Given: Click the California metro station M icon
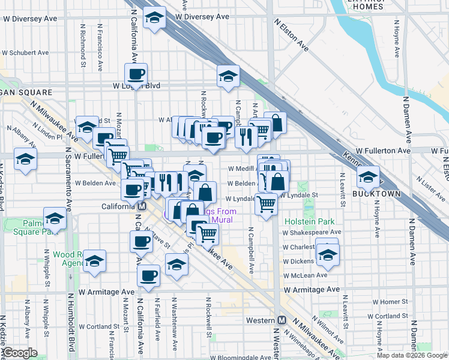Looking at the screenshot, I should pyautogui.click(x=142, y=206).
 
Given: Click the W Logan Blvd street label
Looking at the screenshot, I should pyautogui.click(x=136, y=86).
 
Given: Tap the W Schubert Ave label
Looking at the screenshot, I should pyautogui.click(x=29, y=52).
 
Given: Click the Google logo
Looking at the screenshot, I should pyautogui.click(x=20, y=353).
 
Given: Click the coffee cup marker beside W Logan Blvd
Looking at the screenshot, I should pyautogui.click(x=136, y=74).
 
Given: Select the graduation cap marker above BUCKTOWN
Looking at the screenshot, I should pyautogui.click(x=367, y=176).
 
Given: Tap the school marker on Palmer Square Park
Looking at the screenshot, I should pyautogui.click(x=55, y=218).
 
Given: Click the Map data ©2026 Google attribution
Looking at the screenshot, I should pyautogui.click(x=412, y=355).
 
